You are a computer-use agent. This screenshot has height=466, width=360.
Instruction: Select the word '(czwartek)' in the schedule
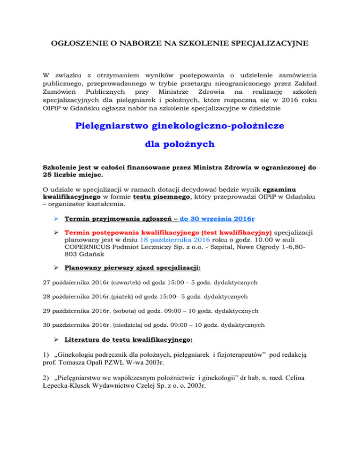(120, 284)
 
